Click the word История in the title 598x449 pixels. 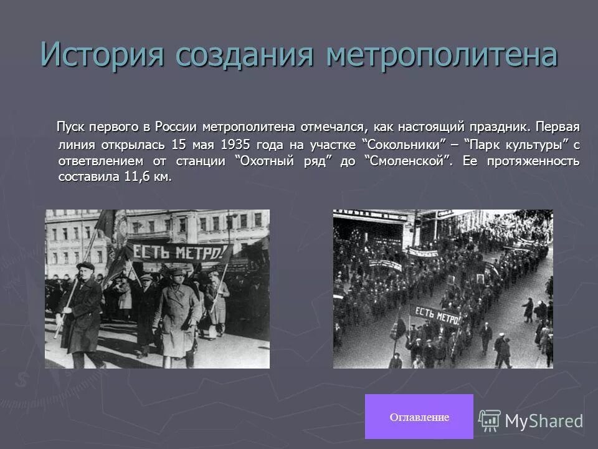(x=102, y=54)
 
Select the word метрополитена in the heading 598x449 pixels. (x=442, y=54)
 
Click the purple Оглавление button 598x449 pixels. (x=419, y=417)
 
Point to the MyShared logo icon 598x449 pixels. (x=490, y=420)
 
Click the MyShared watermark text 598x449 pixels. (x=544, y=421)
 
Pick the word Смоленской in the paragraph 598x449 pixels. (x=407, y=160)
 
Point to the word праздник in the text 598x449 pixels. (x=500, y=128)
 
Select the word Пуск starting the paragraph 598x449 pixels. (x=72, y=128)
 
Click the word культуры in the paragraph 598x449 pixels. (x=535, y=144)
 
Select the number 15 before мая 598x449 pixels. (x=179, y=144)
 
